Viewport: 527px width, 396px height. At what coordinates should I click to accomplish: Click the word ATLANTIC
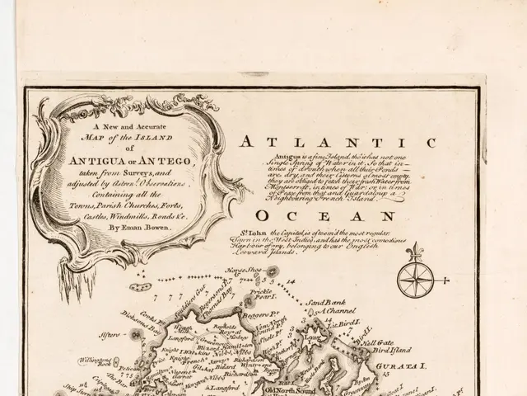coord(338,143)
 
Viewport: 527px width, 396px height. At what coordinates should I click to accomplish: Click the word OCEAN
coord(315,217)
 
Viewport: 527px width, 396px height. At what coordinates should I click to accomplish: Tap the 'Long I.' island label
coord(311,337)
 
